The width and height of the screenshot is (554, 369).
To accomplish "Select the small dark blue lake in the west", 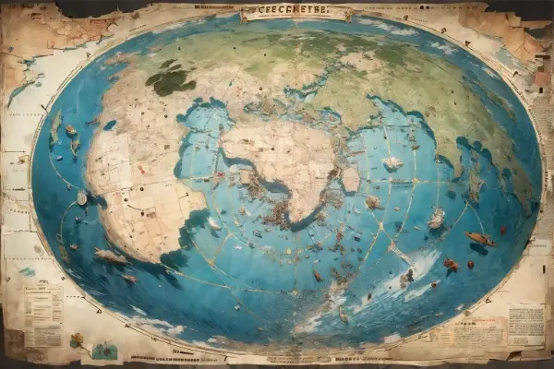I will [110, 125].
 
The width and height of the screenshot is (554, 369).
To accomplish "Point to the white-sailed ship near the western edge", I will [81, 196].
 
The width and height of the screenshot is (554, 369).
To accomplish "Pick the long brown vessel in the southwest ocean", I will [111, 257].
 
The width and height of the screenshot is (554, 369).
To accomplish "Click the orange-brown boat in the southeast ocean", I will [480, 239].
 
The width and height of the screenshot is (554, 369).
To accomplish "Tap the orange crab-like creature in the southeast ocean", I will [451, 265].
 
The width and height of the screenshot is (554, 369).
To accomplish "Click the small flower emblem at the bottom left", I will [77, 340].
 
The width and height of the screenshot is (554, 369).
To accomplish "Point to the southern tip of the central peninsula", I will [294, 221].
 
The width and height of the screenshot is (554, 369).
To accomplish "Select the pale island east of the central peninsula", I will [350, 179].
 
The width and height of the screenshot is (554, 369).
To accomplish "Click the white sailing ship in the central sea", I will [392, 162].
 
